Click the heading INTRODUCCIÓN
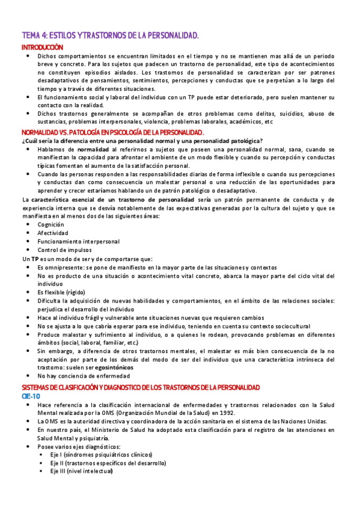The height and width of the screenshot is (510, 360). (42, 47)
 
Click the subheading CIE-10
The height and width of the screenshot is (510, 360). (31, 379)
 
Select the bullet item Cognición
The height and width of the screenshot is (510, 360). (51, 224)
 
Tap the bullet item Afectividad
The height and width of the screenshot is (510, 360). (53, 232)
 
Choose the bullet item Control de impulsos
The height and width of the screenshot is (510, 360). (64, 250)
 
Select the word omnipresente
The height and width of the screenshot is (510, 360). (64, 266)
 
